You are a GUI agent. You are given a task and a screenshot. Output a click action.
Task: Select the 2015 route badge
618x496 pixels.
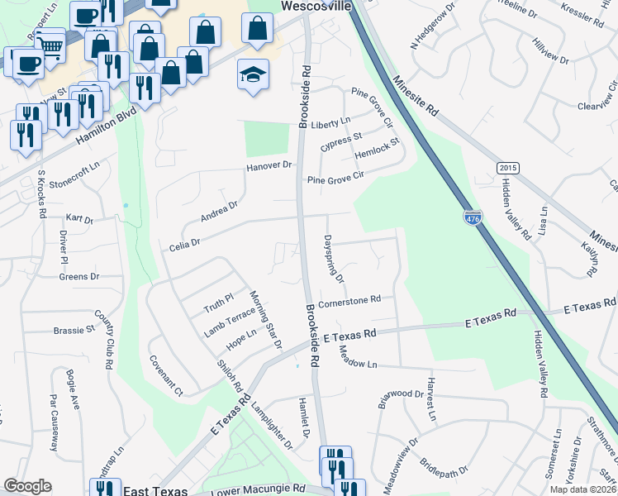pyautogui.click(x=508, y=168)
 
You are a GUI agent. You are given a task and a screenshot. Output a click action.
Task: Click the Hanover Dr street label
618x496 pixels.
pyautogui.click(x=269, y=166)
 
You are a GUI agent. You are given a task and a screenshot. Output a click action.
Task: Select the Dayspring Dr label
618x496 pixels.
pyautogui.click(x=334, y=260)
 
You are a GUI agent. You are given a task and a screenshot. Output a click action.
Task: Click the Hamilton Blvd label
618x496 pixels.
pyautogui.click(x=105, y=129)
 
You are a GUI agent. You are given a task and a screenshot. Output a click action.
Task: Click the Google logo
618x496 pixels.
pyautogui.click(x=28, y=486)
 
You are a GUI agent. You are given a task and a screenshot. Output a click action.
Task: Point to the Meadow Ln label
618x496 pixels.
pyautogui.click(x=358, y=359)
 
